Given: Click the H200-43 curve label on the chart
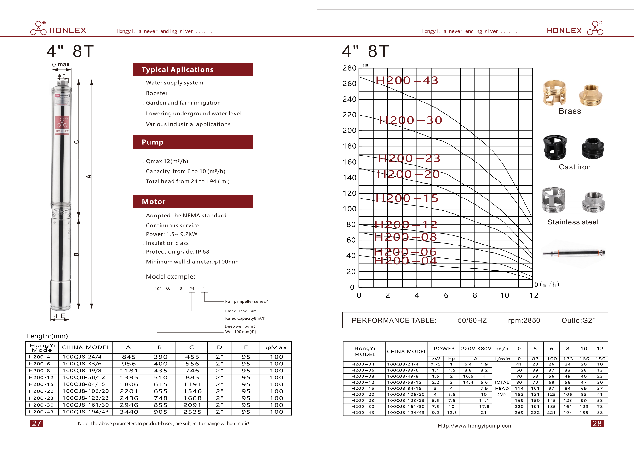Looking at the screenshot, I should [x=407, y=80].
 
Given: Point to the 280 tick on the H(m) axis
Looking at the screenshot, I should [x=349, y=68].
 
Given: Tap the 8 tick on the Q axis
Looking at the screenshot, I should [x=475, y=295].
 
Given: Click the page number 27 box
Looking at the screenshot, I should [x=36, y=423].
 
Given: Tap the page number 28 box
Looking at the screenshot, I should [x=597, y=423].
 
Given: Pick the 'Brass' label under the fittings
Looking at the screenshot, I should [x=570, y=111].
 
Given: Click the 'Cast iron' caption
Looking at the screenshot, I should [x=575, y=167].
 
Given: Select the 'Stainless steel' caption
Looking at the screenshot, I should [x=573, y=222].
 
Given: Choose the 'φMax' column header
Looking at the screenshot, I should [x=276, y=347].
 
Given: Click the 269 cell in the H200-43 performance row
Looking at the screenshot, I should [x=519, y=413].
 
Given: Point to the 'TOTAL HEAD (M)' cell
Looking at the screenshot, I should [x=501, y=388].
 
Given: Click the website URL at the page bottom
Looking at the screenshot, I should [x=475, y=426].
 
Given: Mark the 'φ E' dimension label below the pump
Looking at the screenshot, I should [x=60, y=316].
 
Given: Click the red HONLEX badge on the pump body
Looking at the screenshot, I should [x=62, y=125].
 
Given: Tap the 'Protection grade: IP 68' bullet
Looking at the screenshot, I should [x=177, y=251].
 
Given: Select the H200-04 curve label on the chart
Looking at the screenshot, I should [x=405, y=260].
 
